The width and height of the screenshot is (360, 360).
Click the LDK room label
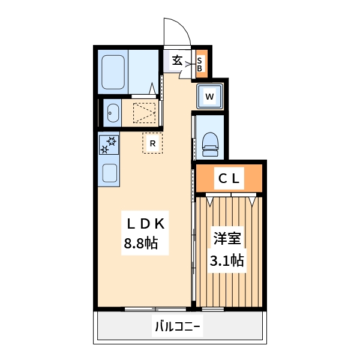pos(146,224)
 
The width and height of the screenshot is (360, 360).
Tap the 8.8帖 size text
pos(141,243)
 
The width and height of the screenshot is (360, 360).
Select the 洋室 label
pos(227,239)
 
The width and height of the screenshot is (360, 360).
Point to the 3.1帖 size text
pos(227,260)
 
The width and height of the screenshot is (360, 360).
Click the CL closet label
pos(229,178)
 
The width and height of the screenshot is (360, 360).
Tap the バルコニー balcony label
pos(178,326)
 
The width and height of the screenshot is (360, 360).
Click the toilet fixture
pos(210,145)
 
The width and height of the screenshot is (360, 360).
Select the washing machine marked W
pos(209,96)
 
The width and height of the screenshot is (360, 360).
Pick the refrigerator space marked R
pos(152,143)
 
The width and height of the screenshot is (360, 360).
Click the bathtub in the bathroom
pos(113,72)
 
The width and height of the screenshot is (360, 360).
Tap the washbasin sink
pos(113,113)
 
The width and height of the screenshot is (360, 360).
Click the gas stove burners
pos(109,145)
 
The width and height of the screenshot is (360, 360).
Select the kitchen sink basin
pos(110,173)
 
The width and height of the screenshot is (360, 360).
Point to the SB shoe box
pos(202,64)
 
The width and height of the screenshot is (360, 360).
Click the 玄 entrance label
pos(178,61)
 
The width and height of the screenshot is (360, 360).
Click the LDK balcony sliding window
pos(155,309)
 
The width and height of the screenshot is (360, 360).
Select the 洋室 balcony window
pos(213,309)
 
